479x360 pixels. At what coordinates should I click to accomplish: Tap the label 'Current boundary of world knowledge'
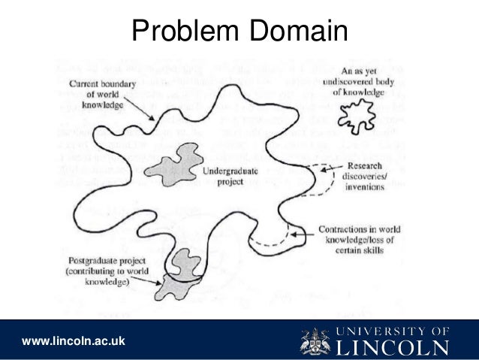(101, 95)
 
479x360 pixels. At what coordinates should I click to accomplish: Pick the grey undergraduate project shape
(170, 166)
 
